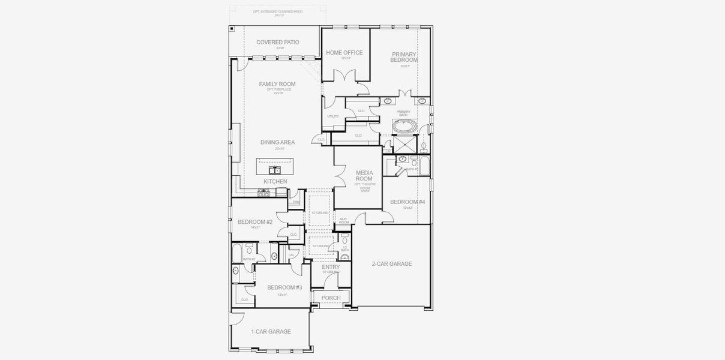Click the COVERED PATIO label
277,42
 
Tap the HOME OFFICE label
344,53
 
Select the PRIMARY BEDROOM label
404,57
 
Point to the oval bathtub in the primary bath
404,127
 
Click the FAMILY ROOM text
277,84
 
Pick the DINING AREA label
277,142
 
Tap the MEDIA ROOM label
364,176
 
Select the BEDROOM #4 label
408,202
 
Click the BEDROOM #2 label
255,222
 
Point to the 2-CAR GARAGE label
392,263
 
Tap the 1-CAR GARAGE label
271,331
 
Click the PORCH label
331,298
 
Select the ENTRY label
331,267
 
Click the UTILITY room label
333,116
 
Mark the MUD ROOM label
344,221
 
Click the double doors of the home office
345,77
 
